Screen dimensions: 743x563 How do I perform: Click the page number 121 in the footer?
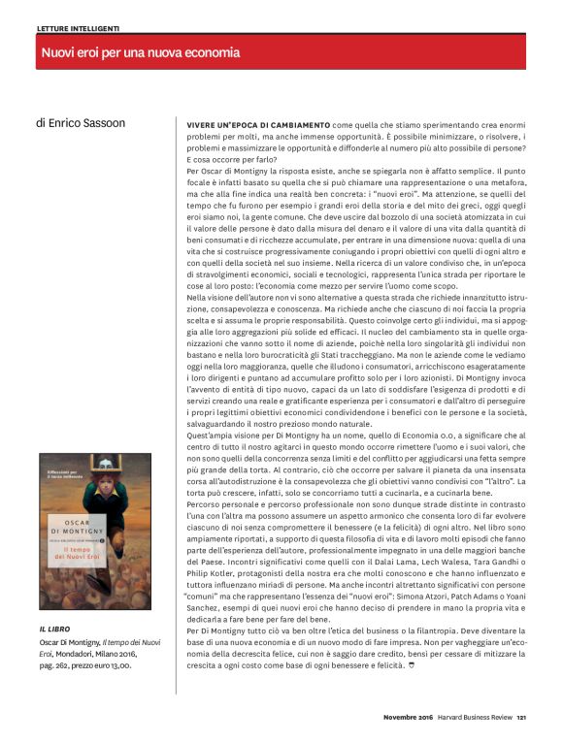coord(520,719)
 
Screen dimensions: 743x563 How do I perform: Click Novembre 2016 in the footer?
coord(406,719)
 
